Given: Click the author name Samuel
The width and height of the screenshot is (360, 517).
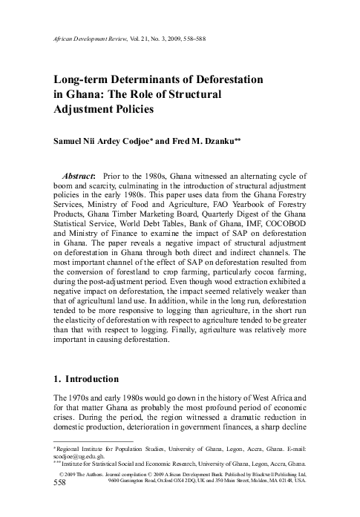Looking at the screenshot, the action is pos(71,141).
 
